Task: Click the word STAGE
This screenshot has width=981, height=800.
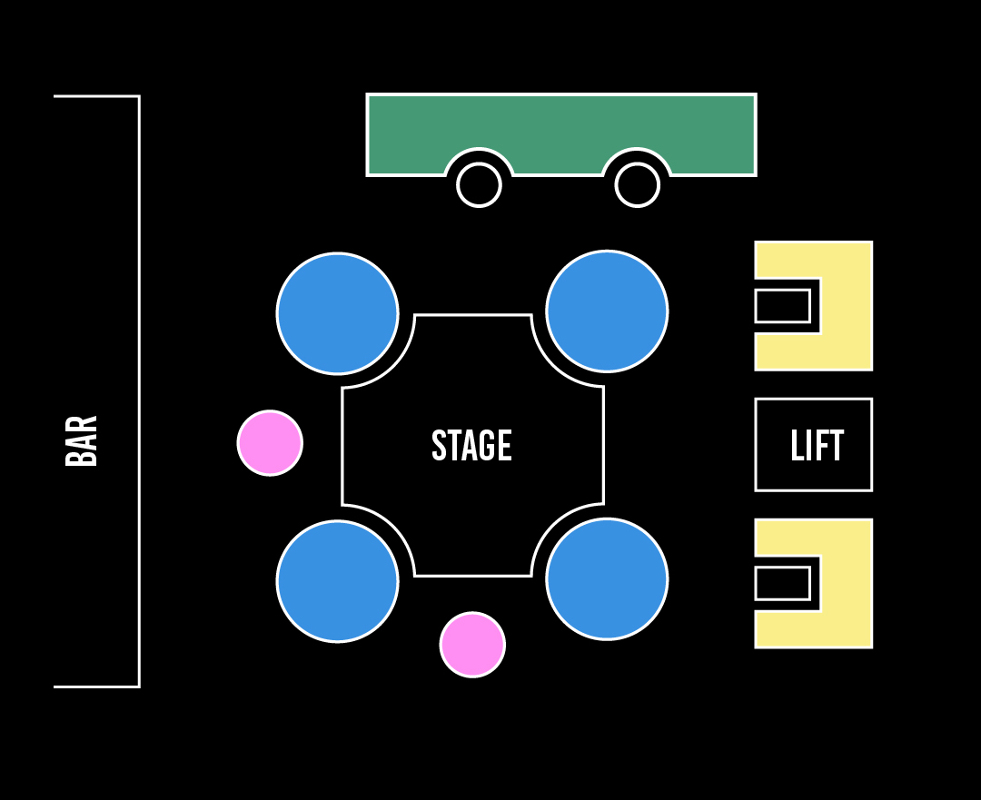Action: (471, 446)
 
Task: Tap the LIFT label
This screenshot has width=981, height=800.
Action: (817, 446)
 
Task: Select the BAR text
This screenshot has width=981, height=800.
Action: (82, 441)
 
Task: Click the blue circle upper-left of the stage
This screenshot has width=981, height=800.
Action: (338, 313)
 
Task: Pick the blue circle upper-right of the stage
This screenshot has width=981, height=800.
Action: (607, 311)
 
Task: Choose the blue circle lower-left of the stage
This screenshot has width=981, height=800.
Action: (338, 581)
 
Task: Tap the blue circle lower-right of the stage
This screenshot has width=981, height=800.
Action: (607, 579)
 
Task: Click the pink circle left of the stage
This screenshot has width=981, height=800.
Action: (270, 443)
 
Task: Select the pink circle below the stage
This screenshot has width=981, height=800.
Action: (472, 645)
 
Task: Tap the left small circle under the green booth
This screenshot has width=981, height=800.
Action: (479, 185)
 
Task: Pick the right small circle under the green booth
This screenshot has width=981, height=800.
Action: (638, 185)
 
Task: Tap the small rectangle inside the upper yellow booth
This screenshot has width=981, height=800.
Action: (782, 306)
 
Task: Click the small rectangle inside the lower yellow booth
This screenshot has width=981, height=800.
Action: (782, 583)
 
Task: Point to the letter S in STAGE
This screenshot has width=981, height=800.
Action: (438, 446)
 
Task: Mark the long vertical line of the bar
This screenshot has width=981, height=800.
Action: (139, 390)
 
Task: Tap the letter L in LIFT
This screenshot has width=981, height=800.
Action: (797, 446)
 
